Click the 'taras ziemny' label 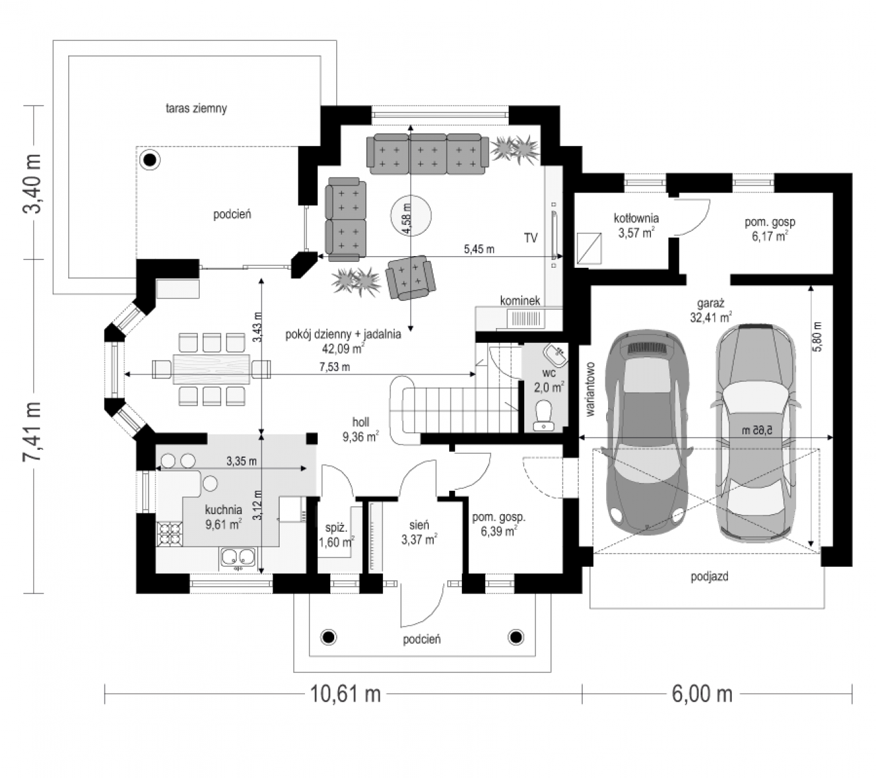pyautogui.click(x=197, y=108)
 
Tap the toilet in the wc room pyautogui.click(x=544, y=415)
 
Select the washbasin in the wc pyautogui.click(x=555, y=355)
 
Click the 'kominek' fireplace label pyautogui.click(x=520, y=300)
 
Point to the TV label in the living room pyautogui.click(x=531, y=237)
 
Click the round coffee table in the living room pyautogui.click(x=410, y=215)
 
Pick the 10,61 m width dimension pyautogui.click(x=345, y=694)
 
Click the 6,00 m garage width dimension pyautogui.click(x=702, y=694)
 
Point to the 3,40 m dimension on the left pyautogui.click(x=32, y=183)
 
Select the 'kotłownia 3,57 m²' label pyautogui.click(x=636, y=226)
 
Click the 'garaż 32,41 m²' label pyautogui.click(x=711, y=311)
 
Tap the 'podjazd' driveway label pyautogui.click(x=709, y=576)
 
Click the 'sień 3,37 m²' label pyautogui.click(x=419, y=532)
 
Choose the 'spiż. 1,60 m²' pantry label pyautogui.click(x=336, y=535)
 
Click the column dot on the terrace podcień pyautogui.click(x=150, y=160)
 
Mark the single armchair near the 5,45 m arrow pyautogui.click(x=410, y=277)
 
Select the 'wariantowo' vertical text pyautogui.click(x=590, y=389)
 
